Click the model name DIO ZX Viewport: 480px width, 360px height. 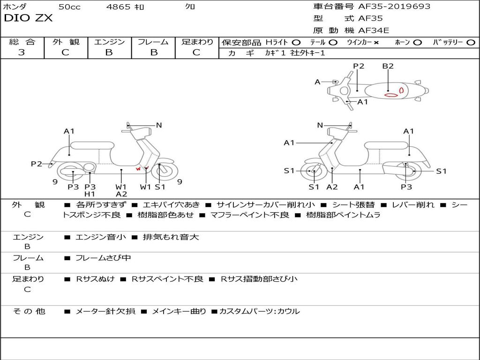click(x=28, y=18)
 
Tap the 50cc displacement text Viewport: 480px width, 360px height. click(x=69, y=7)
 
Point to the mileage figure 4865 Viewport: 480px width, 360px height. click(x=118, y=7)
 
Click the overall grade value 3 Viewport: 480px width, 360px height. click(x=22, y=52)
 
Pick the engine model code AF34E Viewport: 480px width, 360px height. click(x=374, y=31)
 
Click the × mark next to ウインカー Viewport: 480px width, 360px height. click(x=376, y=42)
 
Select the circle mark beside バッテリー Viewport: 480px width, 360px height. click(x=471, y=42)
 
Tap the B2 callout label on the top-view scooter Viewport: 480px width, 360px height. click(x=388, y=66)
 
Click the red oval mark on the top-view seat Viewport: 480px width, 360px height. click(x=391, y=95)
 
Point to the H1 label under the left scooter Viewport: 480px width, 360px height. click(x=90, y=194)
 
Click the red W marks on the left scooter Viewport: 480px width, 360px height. click(x=142, y=169)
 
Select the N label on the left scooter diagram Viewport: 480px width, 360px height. click(x=159, y=125)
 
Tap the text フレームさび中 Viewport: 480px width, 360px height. click(x=103, y=258)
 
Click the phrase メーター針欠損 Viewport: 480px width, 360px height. click(x=105, y=311)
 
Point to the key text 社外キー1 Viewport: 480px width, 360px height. click(x=307, y=53)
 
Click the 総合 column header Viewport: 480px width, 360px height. click(x=22, y=42)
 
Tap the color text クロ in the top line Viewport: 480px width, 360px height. click(x=190, y=7)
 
